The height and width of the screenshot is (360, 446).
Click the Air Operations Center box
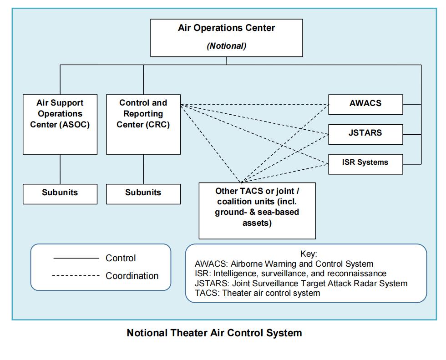226,37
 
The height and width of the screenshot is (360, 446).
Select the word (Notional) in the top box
226,46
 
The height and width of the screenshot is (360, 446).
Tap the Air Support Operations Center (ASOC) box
60,124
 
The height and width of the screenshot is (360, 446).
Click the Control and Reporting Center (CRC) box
143,124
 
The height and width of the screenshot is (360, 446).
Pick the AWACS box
365,104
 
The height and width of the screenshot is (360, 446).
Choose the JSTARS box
365,134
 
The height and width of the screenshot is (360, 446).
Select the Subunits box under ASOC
60,193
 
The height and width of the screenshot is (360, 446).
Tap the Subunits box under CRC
143,193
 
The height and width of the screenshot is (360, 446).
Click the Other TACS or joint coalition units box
257,210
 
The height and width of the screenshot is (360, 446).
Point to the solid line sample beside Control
76,259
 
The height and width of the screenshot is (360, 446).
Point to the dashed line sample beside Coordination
76,276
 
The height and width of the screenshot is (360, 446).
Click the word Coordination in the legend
132,276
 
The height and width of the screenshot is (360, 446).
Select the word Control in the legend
121,259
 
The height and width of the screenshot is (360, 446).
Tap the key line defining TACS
257,293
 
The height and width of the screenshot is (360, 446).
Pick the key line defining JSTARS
301,284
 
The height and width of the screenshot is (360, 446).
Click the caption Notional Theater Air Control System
214,333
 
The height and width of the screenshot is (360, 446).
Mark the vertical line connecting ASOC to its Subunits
60,169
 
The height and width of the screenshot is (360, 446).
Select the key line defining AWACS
284,264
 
